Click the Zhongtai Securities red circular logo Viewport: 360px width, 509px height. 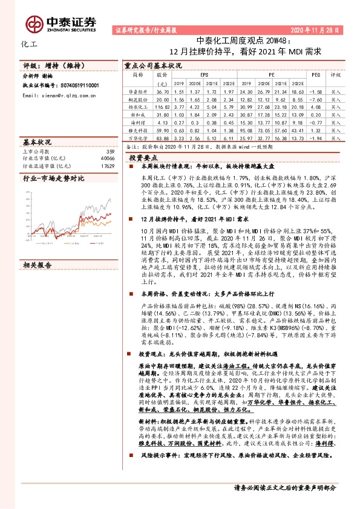tap(36, 22)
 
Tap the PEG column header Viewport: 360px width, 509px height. tap(315, 75)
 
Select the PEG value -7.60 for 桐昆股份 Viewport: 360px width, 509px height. tap(315, 97)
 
